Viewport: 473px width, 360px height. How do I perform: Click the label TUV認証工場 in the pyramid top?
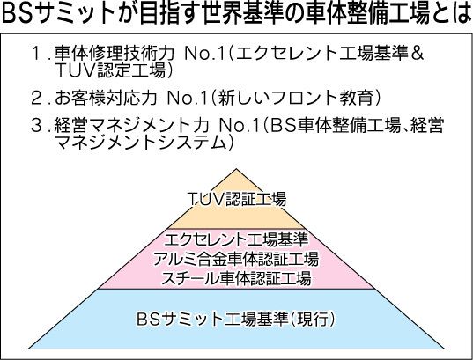point(237,199)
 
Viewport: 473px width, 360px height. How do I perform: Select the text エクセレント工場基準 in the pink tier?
point(236,239)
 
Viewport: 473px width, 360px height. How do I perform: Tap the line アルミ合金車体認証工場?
point(236,259)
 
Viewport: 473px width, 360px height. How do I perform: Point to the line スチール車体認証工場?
point(236,278)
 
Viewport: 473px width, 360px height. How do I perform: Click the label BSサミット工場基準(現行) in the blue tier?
point(236,319)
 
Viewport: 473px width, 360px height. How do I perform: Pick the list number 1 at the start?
point(36,54)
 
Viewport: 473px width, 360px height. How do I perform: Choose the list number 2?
point(36,98)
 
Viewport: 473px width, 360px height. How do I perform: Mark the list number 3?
point(36,126)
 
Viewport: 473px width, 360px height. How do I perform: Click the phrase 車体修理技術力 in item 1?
point(115,54)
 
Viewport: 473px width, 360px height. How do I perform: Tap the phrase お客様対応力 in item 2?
point(106,98)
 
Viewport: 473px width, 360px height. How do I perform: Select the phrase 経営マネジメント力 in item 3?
point(131,126)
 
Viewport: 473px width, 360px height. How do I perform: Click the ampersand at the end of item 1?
point(418,54)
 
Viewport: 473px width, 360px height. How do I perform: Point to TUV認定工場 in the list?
point(111,70)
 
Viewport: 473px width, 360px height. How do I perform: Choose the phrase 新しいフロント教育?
point(297,98)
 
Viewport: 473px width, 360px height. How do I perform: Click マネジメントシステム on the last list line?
point(141,143)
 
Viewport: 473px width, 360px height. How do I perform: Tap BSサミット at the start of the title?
point(59,13)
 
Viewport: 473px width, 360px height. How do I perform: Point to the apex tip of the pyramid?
point(236,169)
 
